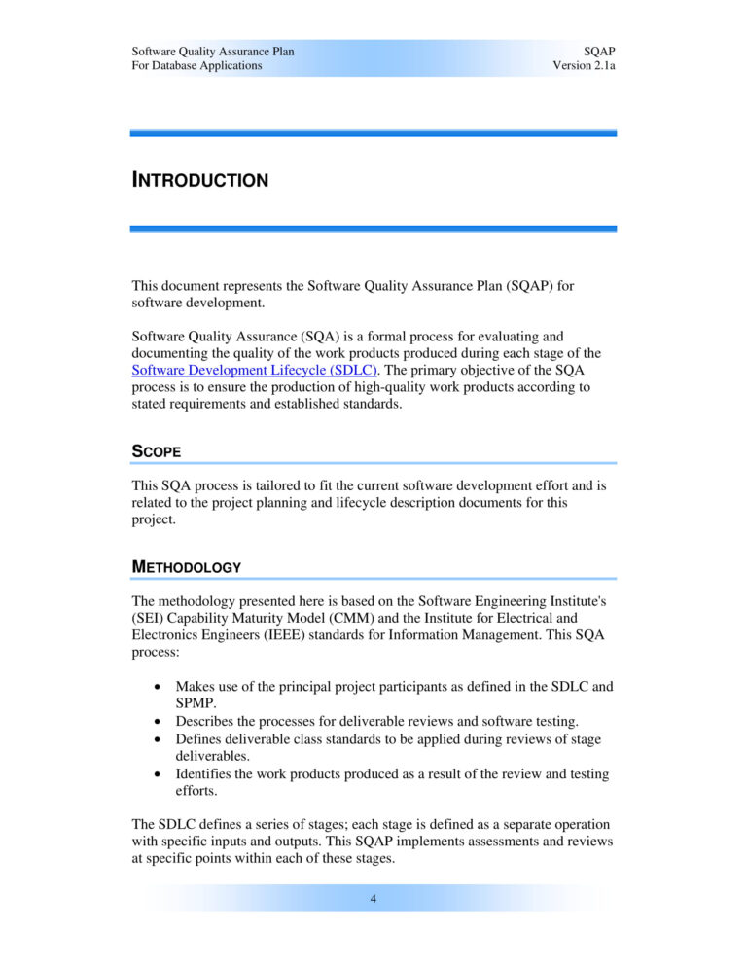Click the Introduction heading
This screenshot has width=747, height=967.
tap(199, 180)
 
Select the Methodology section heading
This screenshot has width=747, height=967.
tap(187, 566)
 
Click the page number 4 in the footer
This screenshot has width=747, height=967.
tap(373, 899)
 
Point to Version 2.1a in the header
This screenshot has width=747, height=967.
tap(584, 65)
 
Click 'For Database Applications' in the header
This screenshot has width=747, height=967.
tap(196, 65)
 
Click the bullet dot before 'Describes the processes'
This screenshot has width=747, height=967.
tap(158, 721)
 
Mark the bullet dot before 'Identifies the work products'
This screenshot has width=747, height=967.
tap(158, 775)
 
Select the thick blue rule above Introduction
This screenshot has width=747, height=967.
tap(373, 133)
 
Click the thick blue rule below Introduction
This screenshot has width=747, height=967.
tap(373, 229)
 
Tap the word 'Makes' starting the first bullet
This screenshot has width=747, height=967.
tap(196, 686)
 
